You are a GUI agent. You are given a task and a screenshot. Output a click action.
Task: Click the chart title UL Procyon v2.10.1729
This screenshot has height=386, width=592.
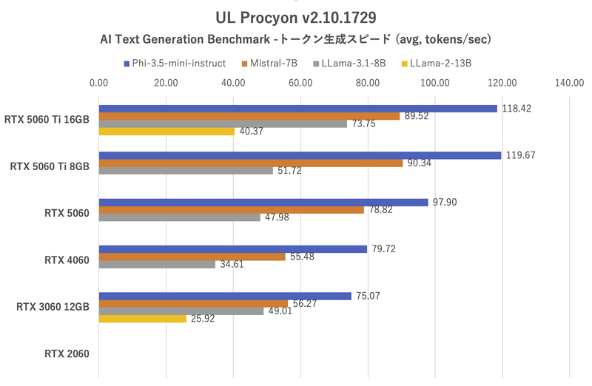click(x=295, y=16)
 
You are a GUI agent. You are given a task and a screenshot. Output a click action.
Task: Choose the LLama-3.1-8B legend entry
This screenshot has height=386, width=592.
click(x=354, y=63)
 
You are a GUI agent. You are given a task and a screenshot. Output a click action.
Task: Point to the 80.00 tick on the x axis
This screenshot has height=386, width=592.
click(x=367, y=83)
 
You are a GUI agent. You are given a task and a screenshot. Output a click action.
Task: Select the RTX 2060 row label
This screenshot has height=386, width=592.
click(x=67, y=353)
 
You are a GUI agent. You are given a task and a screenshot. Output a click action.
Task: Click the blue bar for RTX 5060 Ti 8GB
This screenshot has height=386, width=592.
click(x=300, y=155)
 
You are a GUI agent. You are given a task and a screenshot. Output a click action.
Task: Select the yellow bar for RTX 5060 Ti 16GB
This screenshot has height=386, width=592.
click(x=166, y=132)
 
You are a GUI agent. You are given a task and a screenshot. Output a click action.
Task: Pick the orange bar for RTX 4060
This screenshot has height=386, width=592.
click(x=192, y=257)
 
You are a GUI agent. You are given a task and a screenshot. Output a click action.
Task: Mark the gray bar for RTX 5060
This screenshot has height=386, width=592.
click(x=179, y=217)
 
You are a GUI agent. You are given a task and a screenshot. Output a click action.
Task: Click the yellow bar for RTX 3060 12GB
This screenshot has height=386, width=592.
click(x=142, y=319)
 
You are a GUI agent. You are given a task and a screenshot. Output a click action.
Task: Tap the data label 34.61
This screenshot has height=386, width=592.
click(x=233, y=264)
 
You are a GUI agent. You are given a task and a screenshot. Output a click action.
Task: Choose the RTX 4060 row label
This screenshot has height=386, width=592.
click(x=67, y=260)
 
